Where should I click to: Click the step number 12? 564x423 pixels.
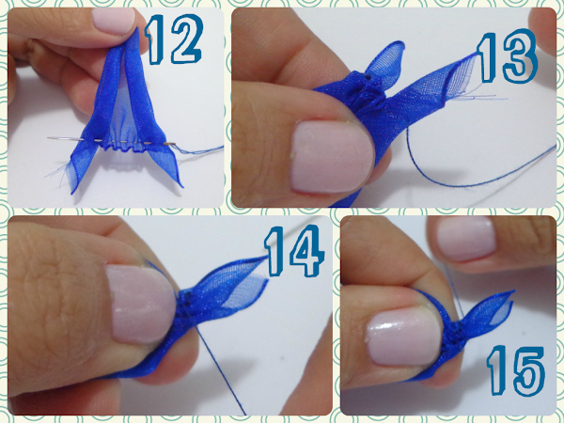point(174,39)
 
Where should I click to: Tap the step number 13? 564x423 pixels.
point(508,57)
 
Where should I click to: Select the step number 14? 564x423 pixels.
point(294,251)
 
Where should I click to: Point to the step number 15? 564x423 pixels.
point(516,370)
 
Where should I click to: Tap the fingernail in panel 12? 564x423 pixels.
point(114,21)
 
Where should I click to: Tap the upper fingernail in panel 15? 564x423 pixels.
point(466,238)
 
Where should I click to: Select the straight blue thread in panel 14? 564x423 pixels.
point(220,370)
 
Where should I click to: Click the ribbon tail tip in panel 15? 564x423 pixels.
point(513,291)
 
